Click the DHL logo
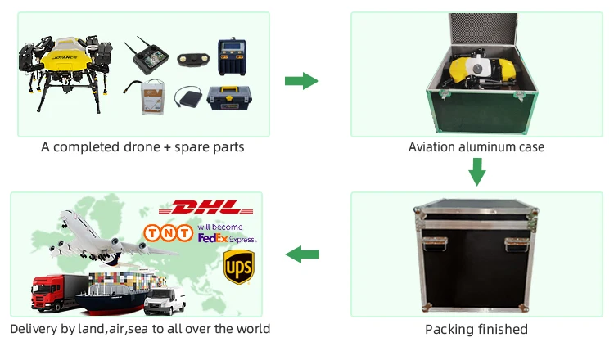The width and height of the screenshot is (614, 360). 206,207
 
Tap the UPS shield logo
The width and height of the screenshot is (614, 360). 239,267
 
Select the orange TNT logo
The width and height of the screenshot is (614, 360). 169,233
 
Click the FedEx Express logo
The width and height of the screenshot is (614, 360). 227,238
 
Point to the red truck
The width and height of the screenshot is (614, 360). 59,292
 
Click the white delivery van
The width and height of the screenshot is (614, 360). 165,301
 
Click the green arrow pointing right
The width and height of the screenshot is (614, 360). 301,81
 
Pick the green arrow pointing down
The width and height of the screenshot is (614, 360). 477,172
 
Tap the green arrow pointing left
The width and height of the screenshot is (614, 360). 302,254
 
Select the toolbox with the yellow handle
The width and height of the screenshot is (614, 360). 229,98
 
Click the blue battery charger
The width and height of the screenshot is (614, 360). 233,56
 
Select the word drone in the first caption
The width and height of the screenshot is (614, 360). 142,147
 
